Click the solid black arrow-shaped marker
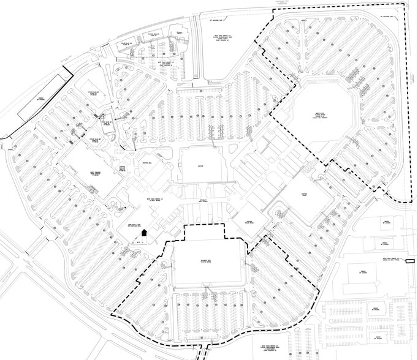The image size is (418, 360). [x=144, y=232]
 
